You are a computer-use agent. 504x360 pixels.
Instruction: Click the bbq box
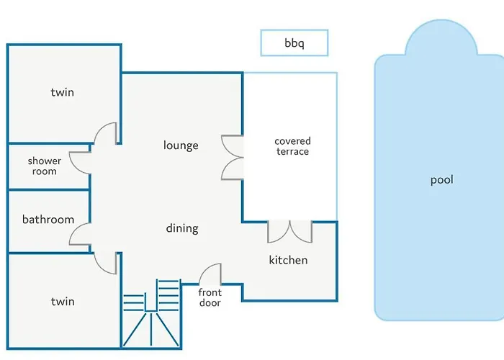(294, 42)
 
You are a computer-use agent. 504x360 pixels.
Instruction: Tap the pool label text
(442, 180)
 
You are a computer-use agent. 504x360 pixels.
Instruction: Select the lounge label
(181, 145)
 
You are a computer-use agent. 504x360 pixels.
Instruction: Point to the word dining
(182, 228)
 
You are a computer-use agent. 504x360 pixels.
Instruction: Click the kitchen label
(288, 260)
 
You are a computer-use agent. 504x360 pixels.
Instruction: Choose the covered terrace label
(292, 146)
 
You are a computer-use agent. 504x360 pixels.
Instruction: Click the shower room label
(45, 166)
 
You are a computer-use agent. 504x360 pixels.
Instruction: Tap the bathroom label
(48, 220)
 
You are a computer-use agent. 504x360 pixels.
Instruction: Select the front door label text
(210, 297)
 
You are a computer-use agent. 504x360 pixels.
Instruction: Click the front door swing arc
(206, 270)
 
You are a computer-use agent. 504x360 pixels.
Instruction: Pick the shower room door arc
(75, 167)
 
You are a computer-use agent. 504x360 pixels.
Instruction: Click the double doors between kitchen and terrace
(290, 232)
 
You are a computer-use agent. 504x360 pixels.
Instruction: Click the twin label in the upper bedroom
(63, 92)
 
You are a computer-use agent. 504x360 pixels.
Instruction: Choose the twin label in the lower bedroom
(63, 302)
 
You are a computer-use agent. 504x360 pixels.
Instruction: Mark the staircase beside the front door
(151, 314)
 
